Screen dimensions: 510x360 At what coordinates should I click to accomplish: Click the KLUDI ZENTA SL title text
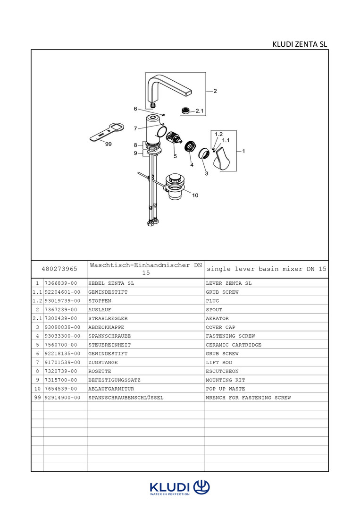click(x=300, y=44)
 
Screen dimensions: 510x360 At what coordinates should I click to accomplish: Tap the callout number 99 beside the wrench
click(x=109, y=144)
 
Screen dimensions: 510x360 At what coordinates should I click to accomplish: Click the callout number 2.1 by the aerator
click(x=200, y=111)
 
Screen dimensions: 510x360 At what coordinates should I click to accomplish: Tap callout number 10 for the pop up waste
click(x=195, y=195)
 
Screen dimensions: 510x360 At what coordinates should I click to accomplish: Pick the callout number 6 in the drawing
click(x=135, y=109)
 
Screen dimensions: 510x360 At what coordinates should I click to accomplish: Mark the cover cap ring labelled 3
click(x=203, y=153)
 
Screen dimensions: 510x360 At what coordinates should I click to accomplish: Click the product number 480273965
click(x=59, y=269)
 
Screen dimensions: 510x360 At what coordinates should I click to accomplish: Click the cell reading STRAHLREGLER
click(x=108, y=318)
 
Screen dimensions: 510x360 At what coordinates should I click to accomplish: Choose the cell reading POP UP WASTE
click(x=226, y=389)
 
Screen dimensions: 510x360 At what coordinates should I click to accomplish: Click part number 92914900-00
click(x=61, y=398)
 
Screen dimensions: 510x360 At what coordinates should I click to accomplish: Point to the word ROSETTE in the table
click(x=100, y=371)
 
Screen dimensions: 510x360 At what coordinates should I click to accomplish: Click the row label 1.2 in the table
click(x=37, y=301)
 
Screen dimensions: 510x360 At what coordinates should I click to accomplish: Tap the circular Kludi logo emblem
click(x=201, y=487)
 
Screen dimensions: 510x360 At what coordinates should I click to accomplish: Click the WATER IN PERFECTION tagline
click(x=169, y=494)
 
